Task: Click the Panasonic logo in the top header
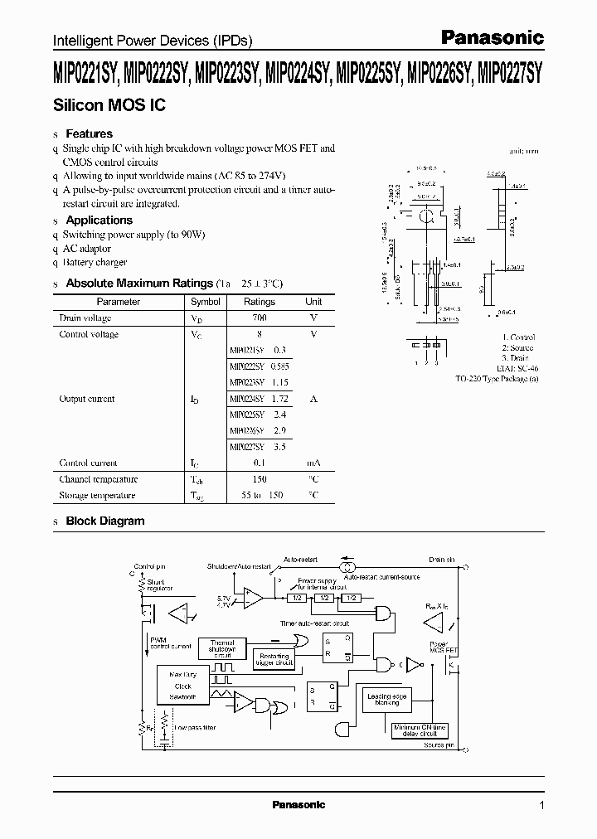click(x=491, y=37)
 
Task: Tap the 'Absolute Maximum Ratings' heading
click(x=139, y=284)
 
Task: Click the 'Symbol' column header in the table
click(x=206, y=303)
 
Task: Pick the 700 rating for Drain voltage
click(x=260, y=318)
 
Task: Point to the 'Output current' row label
click(x=87, y=399)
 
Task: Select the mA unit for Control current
click(x=313, y=463)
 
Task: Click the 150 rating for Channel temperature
click(x=260, y=479)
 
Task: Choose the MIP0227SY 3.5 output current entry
click(x=258, y=447)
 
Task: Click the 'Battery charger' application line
click(x=95, y=263)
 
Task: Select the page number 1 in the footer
click(x=541, y=805)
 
